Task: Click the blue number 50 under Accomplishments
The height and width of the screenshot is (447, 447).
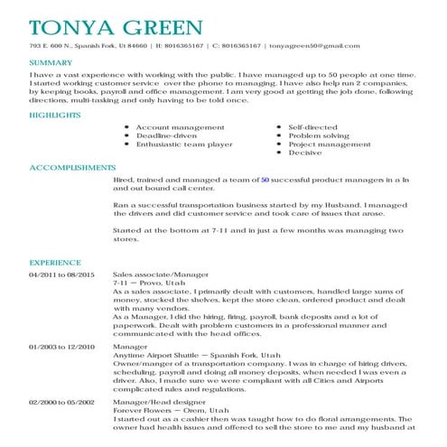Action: point(265,181)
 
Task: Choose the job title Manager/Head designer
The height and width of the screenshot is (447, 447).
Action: point(156,401)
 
